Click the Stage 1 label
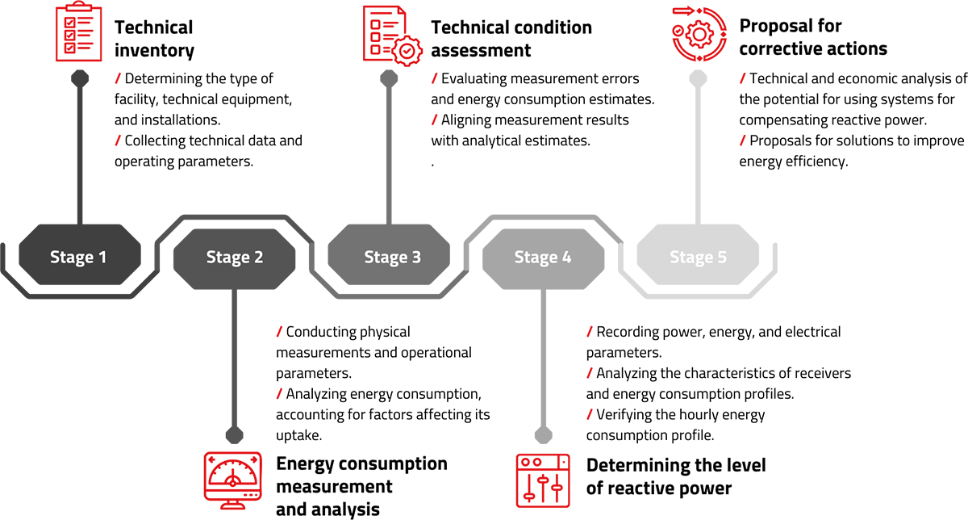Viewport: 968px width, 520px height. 78,258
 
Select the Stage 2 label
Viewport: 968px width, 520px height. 234,258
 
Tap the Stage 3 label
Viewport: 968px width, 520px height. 392,258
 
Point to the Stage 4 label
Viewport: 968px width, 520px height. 543,258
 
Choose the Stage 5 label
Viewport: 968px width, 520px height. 698,258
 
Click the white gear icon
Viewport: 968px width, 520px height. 407,51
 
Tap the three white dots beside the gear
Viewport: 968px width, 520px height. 374,37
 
